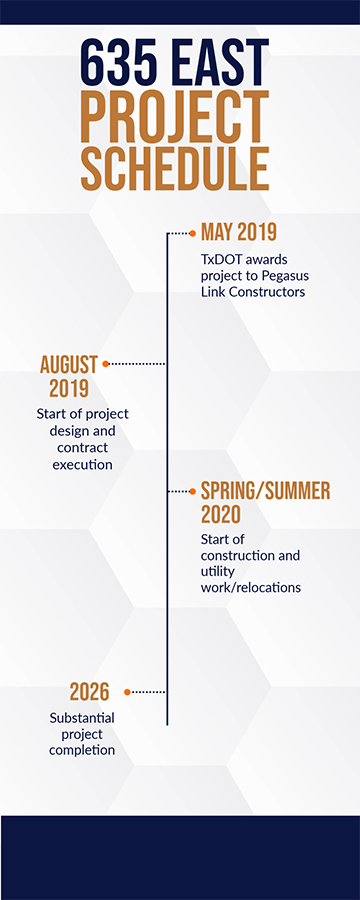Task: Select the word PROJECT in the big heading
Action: pos(174,118)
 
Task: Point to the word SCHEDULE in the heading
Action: pos(174,168)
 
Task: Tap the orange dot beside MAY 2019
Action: pos(194,233)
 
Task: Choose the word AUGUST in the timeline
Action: pos(68,364)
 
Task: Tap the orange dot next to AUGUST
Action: pos(105,364)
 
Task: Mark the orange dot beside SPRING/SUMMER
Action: pos(194,491)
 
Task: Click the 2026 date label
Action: pos(89,691)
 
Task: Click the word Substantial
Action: pos(82,717)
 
